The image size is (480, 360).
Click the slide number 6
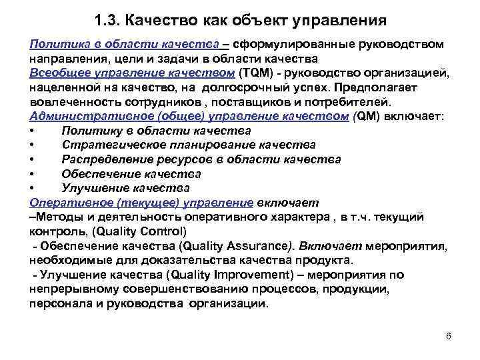point(448,335)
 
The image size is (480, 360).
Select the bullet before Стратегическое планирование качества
point(33,145)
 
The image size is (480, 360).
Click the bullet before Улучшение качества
point(33,188)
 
